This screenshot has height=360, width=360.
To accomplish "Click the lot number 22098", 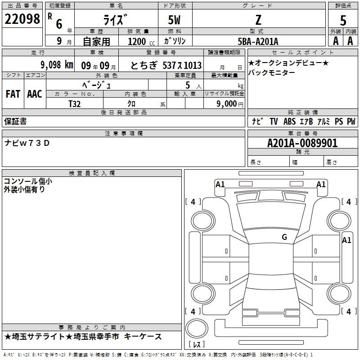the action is tap(22, 19).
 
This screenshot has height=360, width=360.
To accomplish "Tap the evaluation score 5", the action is tap(343, 21).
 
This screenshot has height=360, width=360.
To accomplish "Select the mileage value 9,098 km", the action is tap(57, 65).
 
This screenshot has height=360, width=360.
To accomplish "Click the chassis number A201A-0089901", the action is tap(302, 143).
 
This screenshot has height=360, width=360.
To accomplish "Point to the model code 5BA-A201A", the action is tap(258, 41).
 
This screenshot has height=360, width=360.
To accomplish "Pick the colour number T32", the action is tap(75, 104).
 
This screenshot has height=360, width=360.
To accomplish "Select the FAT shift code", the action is tap(13, 94).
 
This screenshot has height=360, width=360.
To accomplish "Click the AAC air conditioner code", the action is tap(35, 94).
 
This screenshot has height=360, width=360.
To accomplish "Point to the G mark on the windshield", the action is tap(284, 237).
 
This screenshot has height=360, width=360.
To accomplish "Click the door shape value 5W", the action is tap(174, 20).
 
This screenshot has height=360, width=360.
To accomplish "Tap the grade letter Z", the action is tap(258, 20).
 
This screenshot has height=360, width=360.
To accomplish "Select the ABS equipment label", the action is tap(289, 121).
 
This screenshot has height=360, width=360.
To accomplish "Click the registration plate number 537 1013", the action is tap(182, 65).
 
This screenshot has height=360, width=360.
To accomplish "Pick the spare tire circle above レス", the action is tap(197, 328).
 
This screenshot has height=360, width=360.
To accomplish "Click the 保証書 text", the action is tap(15, 121).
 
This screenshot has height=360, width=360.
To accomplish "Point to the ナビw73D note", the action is tap(27, 143).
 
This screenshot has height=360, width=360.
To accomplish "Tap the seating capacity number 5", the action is tap(188, 85).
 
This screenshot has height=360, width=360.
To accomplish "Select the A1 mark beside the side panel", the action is tap(346, 240).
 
